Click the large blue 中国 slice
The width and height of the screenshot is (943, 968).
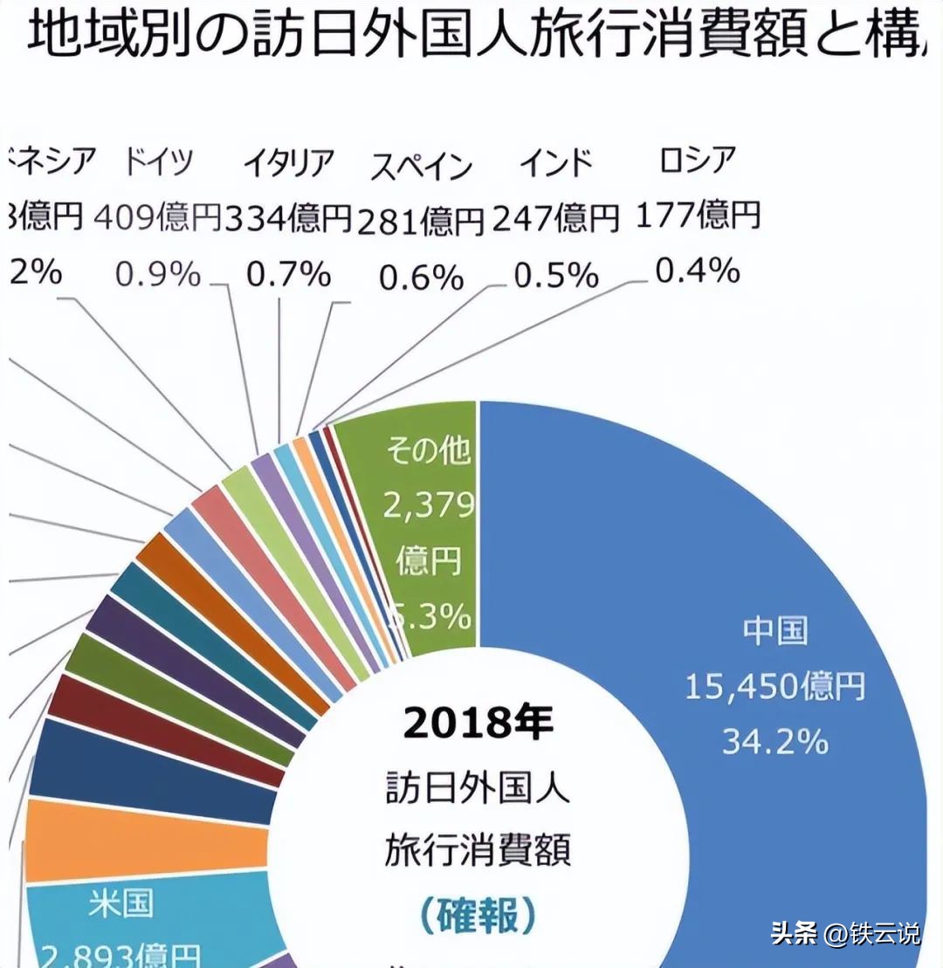click(699, 524)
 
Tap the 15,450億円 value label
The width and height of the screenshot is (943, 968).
click(774, 687)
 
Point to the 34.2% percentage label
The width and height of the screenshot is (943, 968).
click(774, 742)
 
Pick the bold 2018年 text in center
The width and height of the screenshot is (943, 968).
click(478, 723)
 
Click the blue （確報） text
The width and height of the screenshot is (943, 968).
click(478, 916)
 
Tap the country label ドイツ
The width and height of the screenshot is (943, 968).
click(158, 162)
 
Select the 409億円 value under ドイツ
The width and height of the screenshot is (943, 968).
click(157, 217)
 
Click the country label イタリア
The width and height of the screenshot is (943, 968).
click(289, 163)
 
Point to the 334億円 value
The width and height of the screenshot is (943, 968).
click(288, 217)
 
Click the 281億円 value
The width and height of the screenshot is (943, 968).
click(421, 222)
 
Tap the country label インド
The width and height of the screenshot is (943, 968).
click(556, 163)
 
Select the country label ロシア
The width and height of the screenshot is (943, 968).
click(698, 160)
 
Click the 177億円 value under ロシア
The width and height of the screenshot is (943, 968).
click(698, 214)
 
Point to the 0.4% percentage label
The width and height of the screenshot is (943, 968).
click(698, 272)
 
